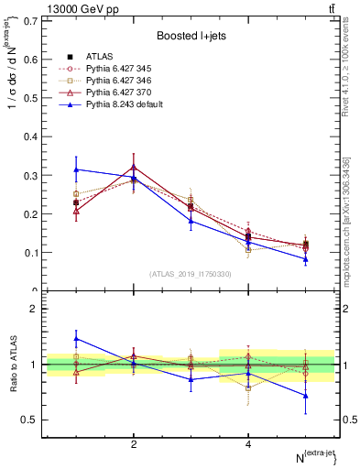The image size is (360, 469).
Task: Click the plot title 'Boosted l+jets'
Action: pos(190,36)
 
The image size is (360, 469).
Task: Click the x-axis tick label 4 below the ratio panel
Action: pos(248,444)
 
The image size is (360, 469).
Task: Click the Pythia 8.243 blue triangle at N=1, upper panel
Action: pos(77,169)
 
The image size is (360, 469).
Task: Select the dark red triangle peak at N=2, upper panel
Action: pos(134,167)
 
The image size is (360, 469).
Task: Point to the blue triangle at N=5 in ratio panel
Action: pos(305,396)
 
